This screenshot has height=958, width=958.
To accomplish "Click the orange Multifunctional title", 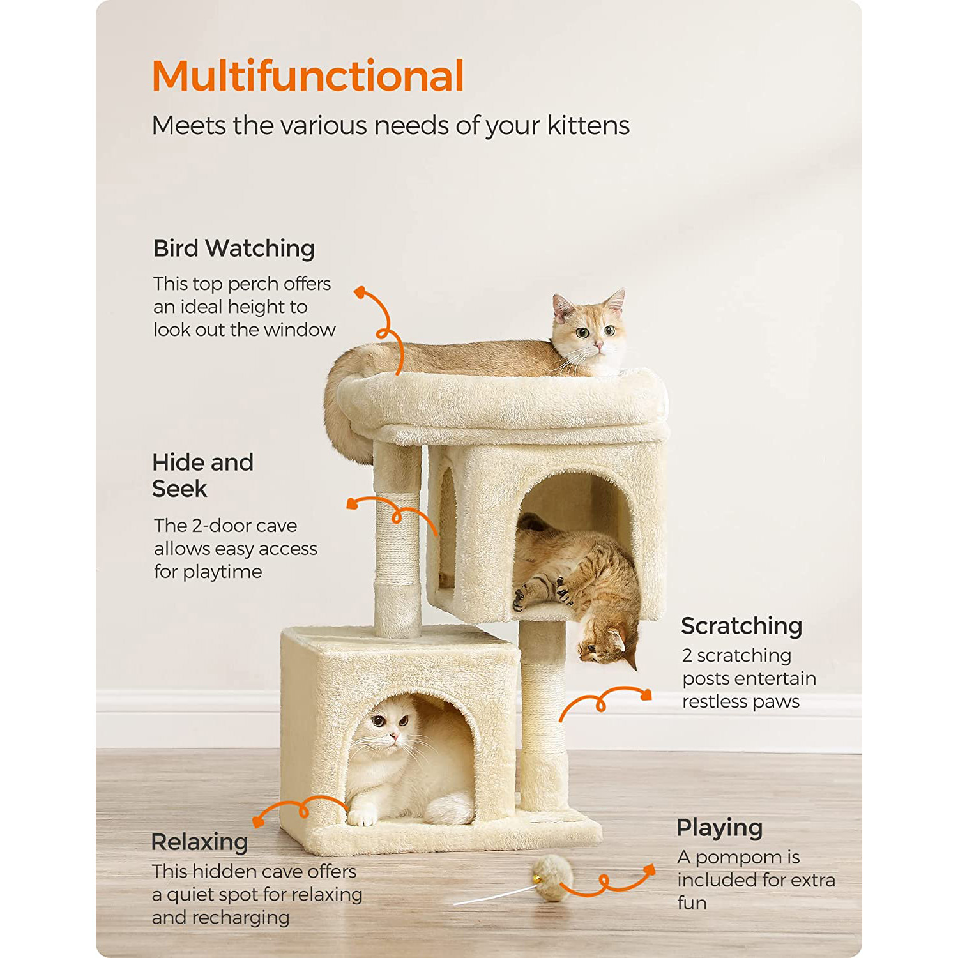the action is pyautogui.click(x=308, y=77).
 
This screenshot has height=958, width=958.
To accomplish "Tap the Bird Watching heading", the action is pyautogui.click(x=234, y=248).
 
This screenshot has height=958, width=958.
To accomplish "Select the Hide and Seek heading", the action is pyautogui.click(x=202, y=475).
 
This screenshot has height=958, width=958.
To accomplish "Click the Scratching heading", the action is pyautogui.click(x=741, y=627).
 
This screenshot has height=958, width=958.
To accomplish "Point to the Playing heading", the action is pyautogui.click(x=719, y=828).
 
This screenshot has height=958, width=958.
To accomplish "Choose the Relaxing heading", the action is pyautogui.click(x=199, y=842).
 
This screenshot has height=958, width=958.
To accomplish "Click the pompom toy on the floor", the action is pyautogui.click(x=551, y=879).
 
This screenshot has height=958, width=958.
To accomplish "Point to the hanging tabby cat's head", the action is pyautogui.click(x=607, y=646).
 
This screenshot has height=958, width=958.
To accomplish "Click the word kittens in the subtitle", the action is pyautogui.click(x=588, y=126).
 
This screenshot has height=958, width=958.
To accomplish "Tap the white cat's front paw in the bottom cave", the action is pyautogui.click(x=363, y=817).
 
